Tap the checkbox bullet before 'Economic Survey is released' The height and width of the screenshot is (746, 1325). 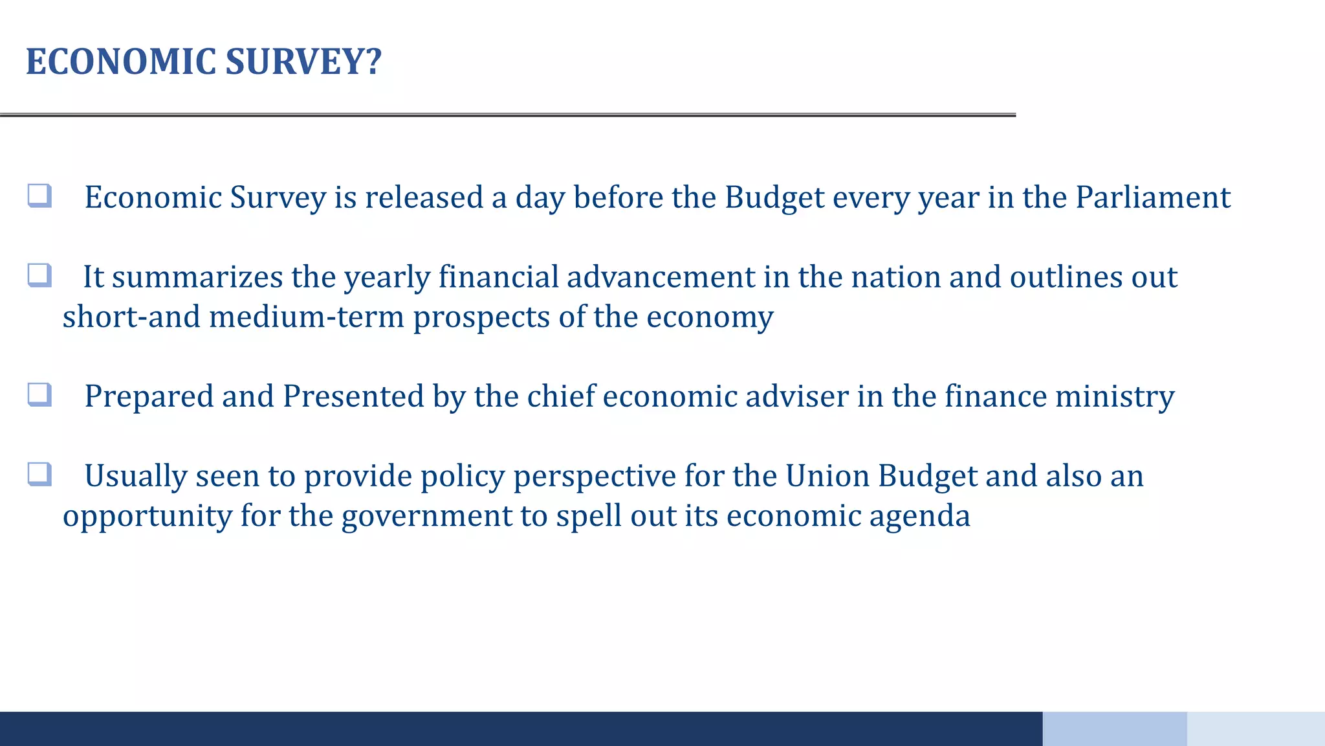39,196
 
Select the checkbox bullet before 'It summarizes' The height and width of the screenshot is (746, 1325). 39,275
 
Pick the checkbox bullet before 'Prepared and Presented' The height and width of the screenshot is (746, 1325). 39,394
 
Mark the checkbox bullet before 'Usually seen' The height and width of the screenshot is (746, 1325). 39,474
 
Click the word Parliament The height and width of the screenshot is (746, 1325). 1153,197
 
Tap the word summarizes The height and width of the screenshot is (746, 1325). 197,277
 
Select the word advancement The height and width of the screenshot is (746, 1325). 661,277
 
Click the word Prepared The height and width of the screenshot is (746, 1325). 149,396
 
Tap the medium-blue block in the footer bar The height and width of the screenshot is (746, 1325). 1114,729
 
